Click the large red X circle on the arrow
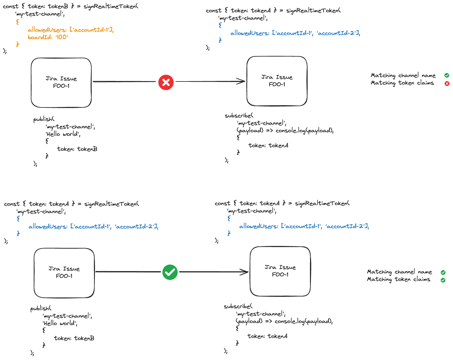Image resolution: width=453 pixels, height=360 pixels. [x=166, y=82]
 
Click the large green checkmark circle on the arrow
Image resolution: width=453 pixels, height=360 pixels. [x=170, y=272]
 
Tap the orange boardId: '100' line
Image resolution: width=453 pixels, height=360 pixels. [x=48, y=37]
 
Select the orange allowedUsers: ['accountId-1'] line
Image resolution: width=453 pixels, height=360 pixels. [x=70, y=30]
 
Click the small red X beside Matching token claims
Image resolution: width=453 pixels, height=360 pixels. [x=447, y=84]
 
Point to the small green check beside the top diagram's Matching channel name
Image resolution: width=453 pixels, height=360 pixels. [x=446, y=76]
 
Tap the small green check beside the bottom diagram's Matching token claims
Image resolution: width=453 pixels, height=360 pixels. [x=443, y=280]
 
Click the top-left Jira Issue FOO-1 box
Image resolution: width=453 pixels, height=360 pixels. [x=61, y=82]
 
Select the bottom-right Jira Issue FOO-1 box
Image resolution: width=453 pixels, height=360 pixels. [x=280, y=271]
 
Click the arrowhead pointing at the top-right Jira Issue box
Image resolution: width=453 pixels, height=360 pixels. [x=241, y=81]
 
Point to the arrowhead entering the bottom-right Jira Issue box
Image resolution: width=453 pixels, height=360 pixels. [x=244, y=272]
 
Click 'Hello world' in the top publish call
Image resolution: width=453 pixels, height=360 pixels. [x=63, y=134]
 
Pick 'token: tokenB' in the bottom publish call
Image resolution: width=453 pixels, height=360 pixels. [x=74, y=338]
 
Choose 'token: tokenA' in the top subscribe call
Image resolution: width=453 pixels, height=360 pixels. [x=268, y=145]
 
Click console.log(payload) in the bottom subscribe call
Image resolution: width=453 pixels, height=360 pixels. [x=303, y=321]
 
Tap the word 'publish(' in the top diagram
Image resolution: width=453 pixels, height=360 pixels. [x=44, y=119]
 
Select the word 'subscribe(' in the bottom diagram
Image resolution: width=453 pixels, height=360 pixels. [x=238, y=306]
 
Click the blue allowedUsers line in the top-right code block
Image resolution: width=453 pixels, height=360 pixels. [x=295, y=33]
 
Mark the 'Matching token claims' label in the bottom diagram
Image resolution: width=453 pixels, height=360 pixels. [x=398, y=279]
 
